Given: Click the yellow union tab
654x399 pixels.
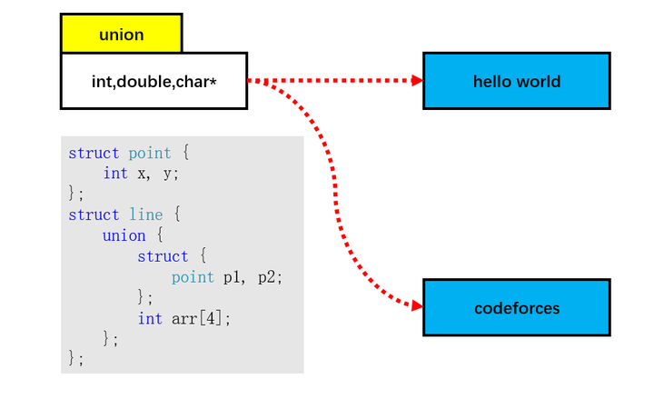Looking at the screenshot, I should [x=121, y=35].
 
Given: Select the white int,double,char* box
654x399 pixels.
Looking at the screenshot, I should [x=154, y=81].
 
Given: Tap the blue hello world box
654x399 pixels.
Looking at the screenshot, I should [x=516, y=81].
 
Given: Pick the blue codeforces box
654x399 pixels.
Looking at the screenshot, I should [x=516, y=307].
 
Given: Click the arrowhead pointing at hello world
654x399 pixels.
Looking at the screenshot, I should [x=417, y=80].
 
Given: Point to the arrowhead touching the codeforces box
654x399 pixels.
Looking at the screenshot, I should [x=417, y=306].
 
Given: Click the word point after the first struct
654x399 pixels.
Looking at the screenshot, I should [x=149, y=153].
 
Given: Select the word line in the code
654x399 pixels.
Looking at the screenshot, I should [x=145, y=215].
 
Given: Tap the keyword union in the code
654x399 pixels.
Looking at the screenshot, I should [x=124, y=236].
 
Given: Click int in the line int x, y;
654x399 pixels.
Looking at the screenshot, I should [x=115, y=174].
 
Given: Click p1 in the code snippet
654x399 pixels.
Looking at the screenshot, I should [x=233, y=277].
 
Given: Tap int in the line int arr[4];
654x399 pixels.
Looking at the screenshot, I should [x=150, y=319].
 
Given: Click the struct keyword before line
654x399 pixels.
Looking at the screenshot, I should [x=94, y=215].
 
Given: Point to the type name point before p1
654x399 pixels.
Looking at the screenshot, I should [x=193, y=277].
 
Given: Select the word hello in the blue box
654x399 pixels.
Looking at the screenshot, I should [x=493, y=81].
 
